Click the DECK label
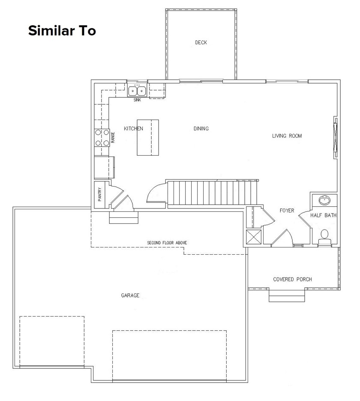[201, 42]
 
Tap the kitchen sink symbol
[137, 91]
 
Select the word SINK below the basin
[137, 100]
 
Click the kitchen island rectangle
[148, 137]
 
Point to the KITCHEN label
[133, 129]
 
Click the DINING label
[201, 129]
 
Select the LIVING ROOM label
[287, 136]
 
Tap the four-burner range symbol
[102, 138]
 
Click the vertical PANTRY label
[99, 195]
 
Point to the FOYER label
[287, 211]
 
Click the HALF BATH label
[323, 215]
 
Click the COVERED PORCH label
[292, 280]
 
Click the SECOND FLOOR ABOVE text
[167, 243]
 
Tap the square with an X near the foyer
[254, 237]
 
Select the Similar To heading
[62, 31]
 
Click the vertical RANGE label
[113, 138]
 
